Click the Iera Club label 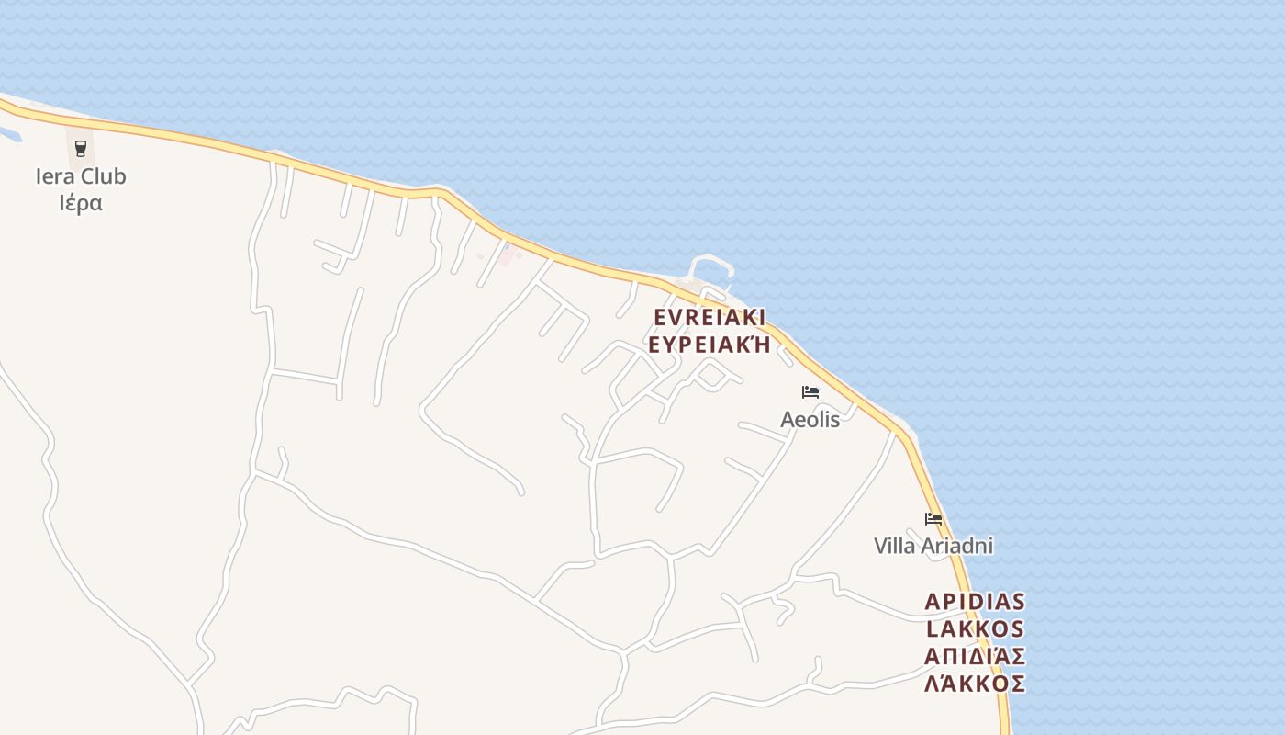click(x=81, y=176)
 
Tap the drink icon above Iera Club click(x=81, y=148)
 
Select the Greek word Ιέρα click(x=81, y=203)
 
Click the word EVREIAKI click(x=710, y=318)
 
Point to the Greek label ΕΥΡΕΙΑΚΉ click(x=710, y=345)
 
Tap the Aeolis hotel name click(x=810, y=420)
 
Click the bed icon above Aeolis click(x=810, y=392)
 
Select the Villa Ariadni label click(x=933, y=546)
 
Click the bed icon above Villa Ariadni click(x=933, y=519)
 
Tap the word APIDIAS click(x=975, y=602)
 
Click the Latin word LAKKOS click(x=975, y=629)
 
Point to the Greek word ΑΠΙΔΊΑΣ click(x=975, y=657)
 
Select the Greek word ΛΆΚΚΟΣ click(x=975, y=684)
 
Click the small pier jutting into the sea click(x=712, y=266)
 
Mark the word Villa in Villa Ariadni click(x=894, y=546)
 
